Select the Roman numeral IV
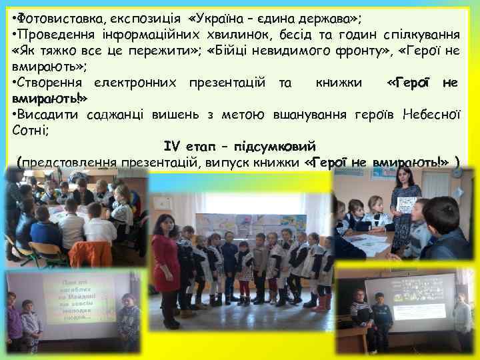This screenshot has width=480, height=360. pos(172,146)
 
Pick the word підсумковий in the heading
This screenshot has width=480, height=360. pos(275,146)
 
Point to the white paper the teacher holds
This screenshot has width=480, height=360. pos(407,204)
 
